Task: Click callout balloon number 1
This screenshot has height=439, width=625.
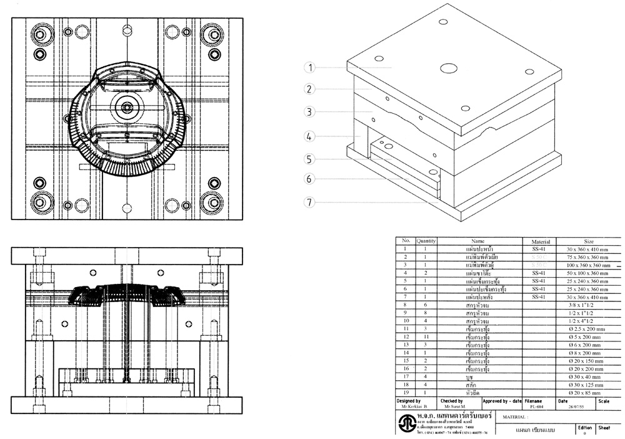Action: tap(311, 68)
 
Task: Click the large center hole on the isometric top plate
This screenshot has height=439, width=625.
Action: tap(448, 68)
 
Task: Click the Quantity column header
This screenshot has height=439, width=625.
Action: tap(427, 240)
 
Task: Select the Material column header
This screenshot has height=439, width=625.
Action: tap(540, 240)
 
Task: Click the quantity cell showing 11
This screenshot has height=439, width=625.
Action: tap(427, 337)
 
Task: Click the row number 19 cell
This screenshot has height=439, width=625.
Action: tap(406, 393)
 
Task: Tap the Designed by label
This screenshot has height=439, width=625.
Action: tap(409, 401)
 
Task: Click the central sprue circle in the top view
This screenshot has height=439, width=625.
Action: tap(127, 107)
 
